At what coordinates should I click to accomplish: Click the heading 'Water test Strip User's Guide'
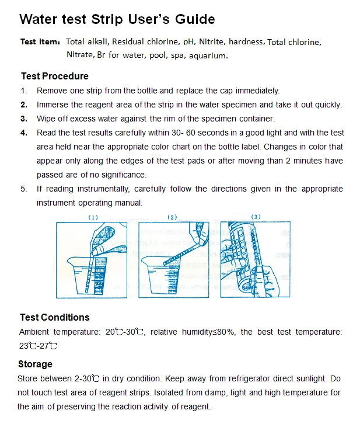tap(117, 19)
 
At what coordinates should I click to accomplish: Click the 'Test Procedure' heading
tap(54, 76)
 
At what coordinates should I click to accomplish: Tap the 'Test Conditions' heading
tap(54, 317)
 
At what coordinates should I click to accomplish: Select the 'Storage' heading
tap(35, 364)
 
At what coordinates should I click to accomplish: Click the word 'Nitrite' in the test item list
tap(211, 42)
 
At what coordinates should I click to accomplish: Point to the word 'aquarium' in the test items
tap(209, 55)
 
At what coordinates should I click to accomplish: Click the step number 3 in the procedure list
tap(24, 119)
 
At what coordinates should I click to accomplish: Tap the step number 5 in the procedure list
tap(24, 189)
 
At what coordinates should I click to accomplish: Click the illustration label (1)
tap(93, 217)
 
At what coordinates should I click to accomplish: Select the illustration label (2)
tap(172, 217)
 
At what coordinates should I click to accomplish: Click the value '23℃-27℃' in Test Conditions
tap(38, 346)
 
